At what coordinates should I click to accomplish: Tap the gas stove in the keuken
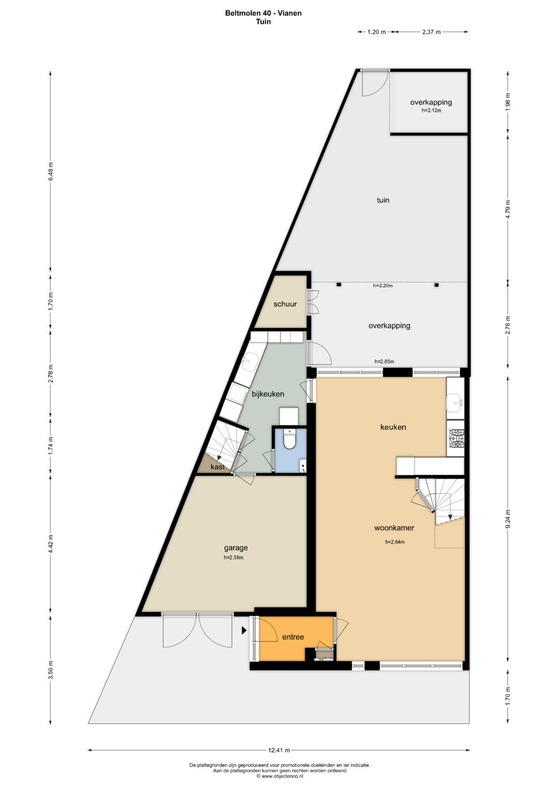coord(456,439)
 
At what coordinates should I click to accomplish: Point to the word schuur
coord(285,304)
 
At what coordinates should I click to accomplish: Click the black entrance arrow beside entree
coord(244,630)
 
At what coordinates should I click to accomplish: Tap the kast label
coord(218,467)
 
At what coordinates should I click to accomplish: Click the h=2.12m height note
coord(431,110)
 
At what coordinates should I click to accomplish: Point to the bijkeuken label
coord(268,394)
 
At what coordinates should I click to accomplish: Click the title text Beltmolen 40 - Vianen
coord(263,13)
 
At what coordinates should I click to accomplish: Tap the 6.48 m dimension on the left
coord(51,171)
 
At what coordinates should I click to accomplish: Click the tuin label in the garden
coord(383,200)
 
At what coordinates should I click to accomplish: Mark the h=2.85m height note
coord(384,361)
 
